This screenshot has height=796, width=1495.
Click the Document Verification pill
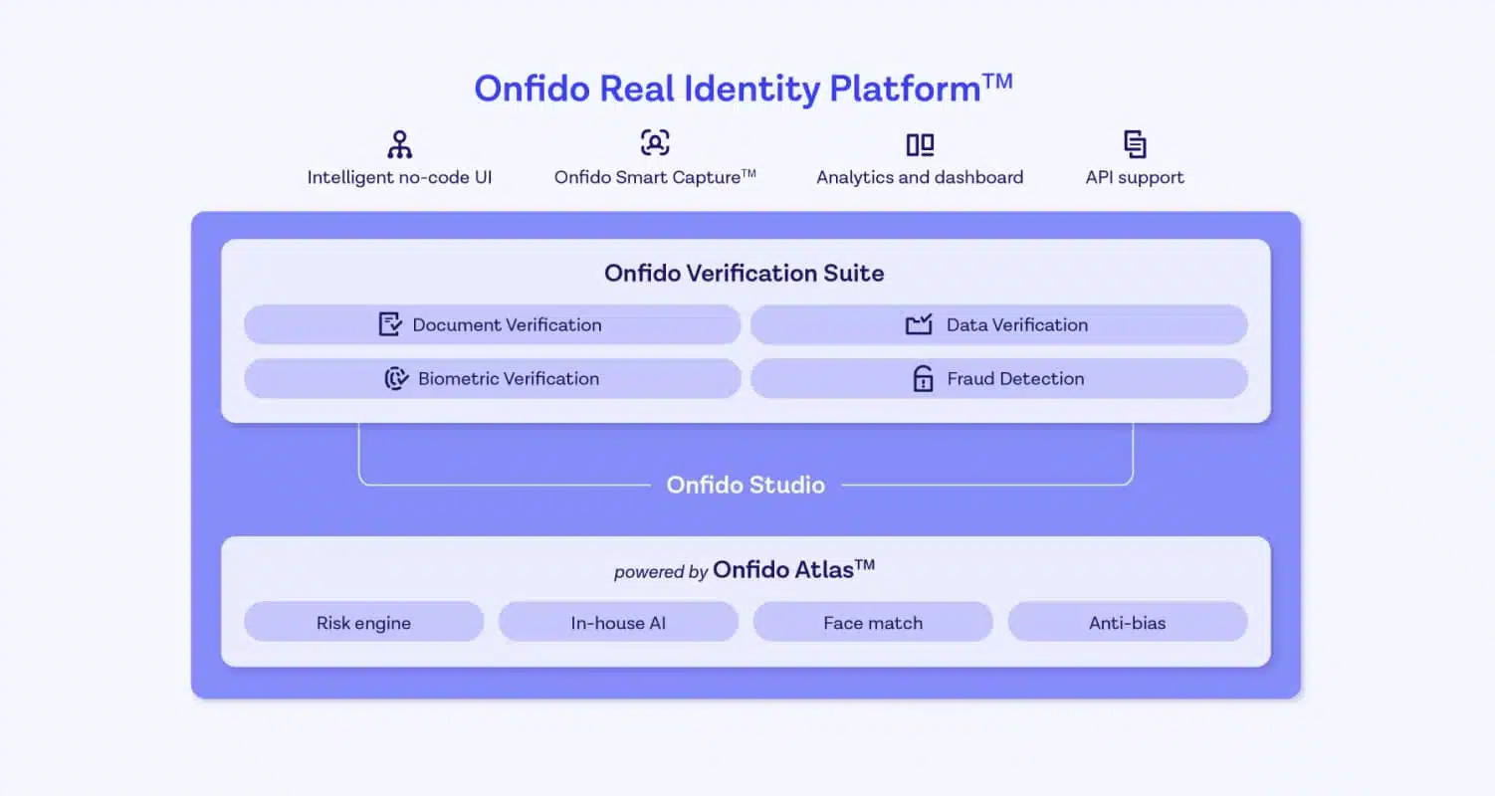[493, 325]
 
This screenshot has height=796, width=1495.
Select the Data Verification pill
[999, 325]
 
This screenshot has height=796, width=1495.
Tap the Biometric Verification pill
[493, 379]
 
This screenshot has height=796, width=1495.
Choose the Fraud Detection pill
[999, 379]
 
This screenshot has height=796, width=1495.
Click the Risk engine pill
[363, 622]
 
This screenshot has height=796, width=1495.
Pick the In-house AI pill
[618, 622]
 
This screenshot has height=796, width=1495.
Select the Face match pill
[873, 622]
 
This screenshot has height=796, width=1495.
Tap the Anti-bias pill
[1128, 622]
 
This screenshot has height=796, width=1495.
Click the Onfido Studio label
[746, 486]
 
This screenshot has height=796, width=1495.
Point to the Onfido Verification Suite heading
[745, 273]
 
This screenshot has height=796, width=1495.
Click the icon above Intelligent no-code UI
[400, 144]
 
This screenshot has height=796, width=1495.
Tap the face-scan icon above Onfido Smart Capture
[655, 143]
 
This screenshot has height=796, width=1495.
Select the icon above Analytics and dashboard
[920, 145]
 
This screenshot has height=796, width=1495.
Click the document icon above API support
[1135, 144]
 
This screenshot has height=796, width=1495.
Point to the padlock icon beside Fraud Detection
[923, 378]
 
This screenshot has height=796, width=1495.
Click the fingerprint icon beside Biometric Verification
[396, 378]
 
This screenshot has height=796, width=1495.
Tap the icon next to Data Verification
[919, 324]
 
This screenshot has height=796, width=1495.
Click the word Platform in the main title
[905, 90]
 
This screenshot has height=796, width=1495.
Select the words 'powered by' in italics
[661, 572]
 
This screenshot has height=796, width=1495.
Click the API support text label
[1135, 177]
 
